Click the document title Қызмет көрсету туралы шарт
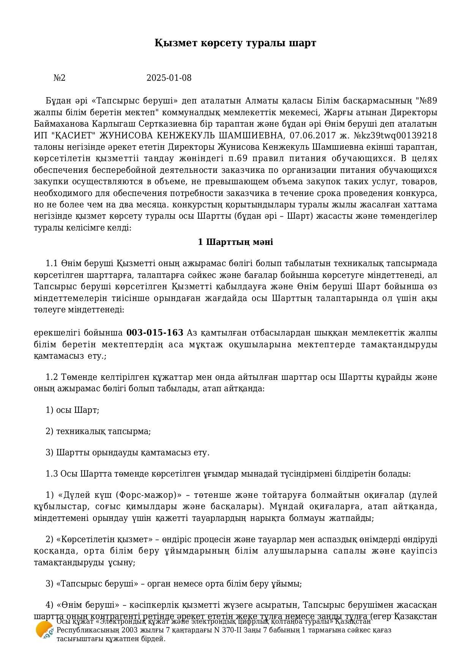pos(235,43)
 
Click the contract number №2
pos(60,78)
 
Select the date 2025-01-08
pos(169,78)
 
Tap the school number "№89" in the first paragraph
pos(427,101)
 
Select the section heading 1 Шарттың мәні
pos(235,242)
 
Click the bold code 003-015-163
pos(154,333)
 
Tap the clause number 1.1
pos(51,263)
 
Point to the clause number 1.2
pos(51,377)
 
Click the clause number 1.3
pos(51,474)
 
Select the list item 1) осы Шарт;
pos(72,410)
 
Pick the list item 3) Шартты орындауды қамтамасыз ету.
pos(128,453)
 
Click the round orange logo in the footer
pos(44,630)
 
